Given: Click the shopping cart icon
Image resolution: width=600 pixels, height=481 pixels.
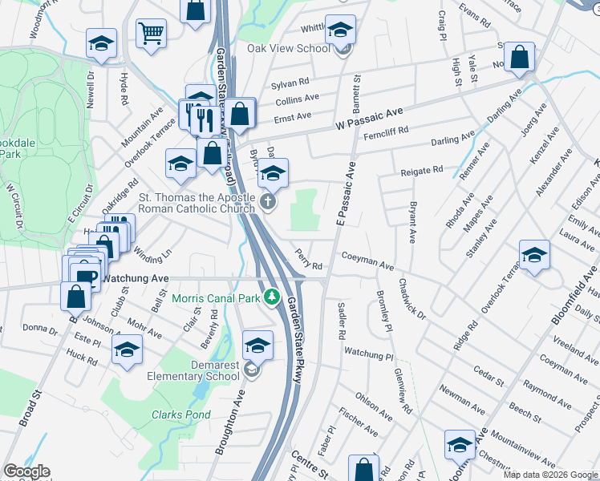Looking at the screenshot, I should pos(150,34).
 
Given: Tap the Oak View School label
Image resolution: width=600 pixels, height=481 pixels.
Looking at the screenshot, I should pos(289,48).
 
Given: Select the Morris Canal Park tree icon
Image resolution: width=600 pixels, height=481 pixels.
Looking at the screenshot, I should pos(272,298).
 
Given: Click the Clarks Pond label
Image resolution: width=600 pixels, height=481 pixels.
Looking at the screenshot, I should pos(181,415).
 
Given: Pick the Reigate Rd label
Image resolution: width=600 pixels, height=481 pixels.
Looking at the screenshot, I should pos(422,170).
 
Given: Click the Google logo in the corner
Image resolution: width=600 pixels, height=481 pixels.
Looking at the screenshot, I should pos(26,471).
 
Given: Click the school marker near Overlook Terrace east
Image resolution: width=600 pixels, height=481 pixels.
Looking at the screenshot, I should pos(534,256).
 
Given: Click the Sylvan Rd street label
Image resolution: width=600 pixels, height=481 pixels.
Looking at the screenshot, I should pos(290,83).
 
